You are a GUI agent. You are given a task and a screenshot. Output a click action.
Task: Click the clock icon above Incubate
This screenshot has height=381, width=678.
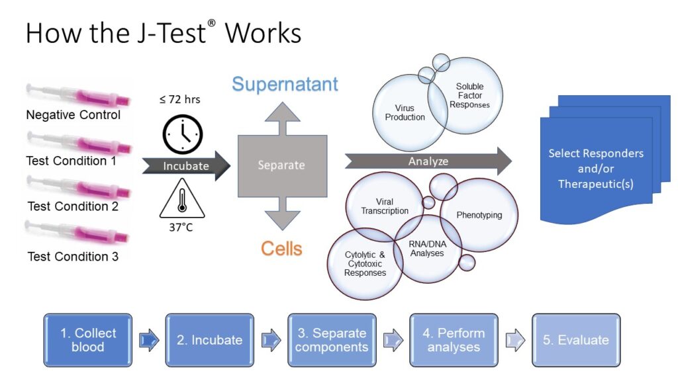(x=183, y=134)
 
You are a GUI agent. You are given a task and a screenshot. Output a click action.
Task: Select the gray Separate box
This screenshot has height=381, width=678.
(x=282, y=166)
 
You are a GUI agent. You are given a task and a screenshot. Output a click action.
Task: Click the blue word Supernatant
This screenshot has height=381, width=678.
(x=285, y=84)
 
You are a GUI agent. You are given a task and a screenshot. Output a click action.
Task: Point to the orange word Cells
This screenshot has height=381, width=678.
(x=281, y=249)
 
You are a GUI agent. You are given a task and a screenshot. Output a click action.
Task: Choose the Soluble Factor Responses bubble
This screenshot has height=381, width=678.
(x=470, y=95)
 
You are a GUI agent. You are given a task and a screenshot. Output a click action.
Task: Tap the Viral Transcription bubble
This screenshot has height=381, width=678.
(x=384, y=206)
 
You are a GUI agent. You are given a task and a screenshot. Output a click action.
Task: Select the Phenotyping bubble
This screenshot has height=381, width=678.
(x=479, y=215)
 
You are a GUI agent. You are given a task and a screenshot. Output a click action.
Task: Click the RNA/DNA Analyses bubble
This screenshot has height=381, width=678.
(x=428, y=249)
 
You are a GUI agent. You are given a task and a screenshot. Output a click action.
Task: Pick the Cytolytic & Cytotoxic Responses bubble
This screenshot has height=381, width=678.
(x=365, y=263)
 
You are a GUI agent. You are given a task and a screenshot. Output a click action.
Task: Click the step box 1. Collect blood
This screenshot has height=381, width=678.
(x=88, y=341)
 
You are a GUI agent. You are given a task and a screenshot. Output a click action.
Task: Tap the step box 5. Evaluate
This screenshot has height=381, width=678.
(x=576, y=341)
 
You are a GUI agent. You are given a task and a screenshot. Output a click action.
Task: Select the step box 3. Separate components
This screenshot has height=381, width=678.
(x=332, y=341)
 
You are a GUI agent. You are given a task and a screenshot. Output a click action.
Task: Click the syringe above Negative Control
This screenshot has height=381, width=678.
(x=78, y=95)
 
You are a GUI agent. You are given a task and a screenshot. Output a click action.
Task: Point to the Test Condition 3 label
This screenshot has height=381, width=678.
(x=73, y=257)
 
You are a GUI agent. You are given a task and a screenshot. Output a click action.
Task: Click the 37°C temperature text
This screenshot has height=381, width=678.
(x=181, y=228)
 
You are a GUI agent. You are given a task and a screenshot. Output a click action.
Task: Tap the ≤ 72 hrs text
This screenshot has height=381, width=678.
(x=180, y=99)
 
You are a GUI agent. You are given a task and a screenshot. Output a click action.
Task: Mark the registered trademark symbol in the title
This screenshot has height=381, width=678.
(x=211, y=23)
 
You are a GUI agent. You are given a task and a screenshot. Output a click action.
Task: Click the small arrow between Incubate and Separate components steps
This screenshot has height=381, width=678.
(x=271, y=340)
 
